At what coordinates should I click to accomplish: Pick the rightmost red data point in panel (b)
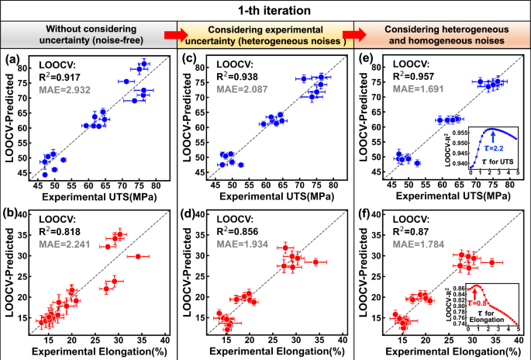[x=139, y=256]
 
